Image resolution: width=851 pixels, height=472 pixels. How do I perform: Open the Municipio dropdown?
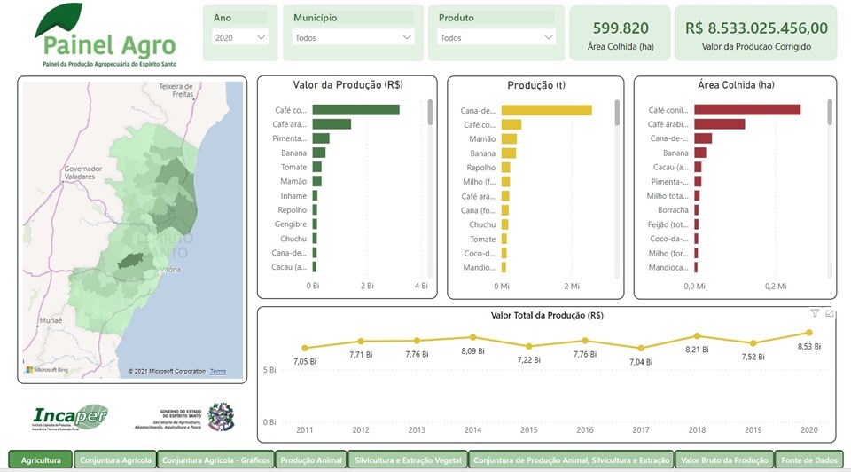pyautogui.click(x=353, y=38)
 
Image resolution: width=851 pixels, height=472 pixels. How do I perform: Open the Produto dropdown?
pyautogui.click(x=496, y=38)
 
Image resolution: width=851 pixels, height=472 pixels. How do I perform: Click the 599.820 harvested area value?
pyautogui.click(x=621, y=28)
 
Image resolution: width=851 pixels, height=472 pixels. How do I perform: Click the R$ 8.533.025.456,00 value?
pyautogui.click(x=756, y=28)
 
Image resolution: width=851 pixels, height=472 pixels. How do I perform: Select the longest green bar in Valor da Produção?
pyautogui.click(x=355, y=110)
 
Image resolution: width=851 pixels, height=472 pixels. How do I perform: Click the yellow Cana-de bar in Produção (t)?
pyautogui.click(x=546, y=110)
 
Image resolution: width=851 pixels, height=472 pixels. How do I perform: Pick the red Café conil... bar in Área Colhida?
pyautogui.click(x=746, y=110)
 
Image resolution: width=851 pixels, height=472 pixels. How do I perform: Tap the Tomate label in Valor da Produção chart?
pyautogui.click(x=293, y=167)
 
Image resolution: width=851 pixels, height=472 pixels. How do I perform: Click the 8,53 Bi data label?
pyautogui.click(x=808, y=346)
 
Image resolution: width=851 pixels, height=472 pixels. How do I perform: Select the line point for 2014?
pyautogui.click(x=472, y=337)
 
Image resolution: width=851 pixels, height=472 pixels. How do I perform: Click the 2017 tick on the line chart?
pyautogui.click(x=640, y=430)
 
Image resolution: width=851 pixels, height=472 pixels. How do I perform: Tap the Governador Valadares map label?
pyautogui.click(x=83, y=172)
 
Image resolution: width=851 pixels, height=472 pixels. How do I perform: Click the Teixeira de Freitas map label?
pyautogui.click(x=175, y=90)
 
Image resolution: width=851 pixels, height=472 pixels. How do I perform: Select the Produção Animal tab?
pyautogui.click(x=310, y=460)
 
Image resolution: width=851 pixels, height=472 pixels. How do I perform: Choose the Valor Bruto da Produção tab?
pyautogui.click(x=724, y=460)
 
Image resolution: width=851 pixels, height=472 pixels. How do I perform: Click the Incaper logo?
pyautogui.click(x=70, y=416)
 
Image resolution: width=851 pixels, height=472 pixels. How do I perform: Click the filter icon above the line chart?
pyautogui.click(x=815, y=313)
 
